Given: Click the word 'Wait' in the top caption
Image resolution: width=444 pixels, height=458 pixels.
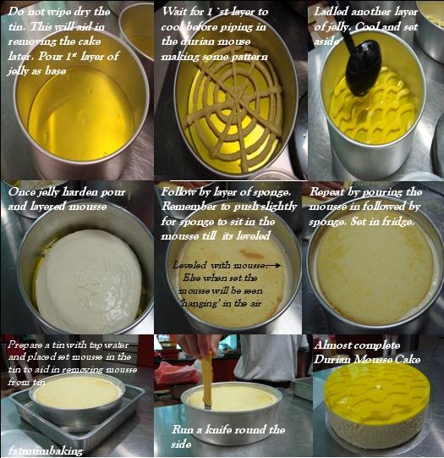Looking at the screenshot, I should pyautogui.click(x=176, y=12).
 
